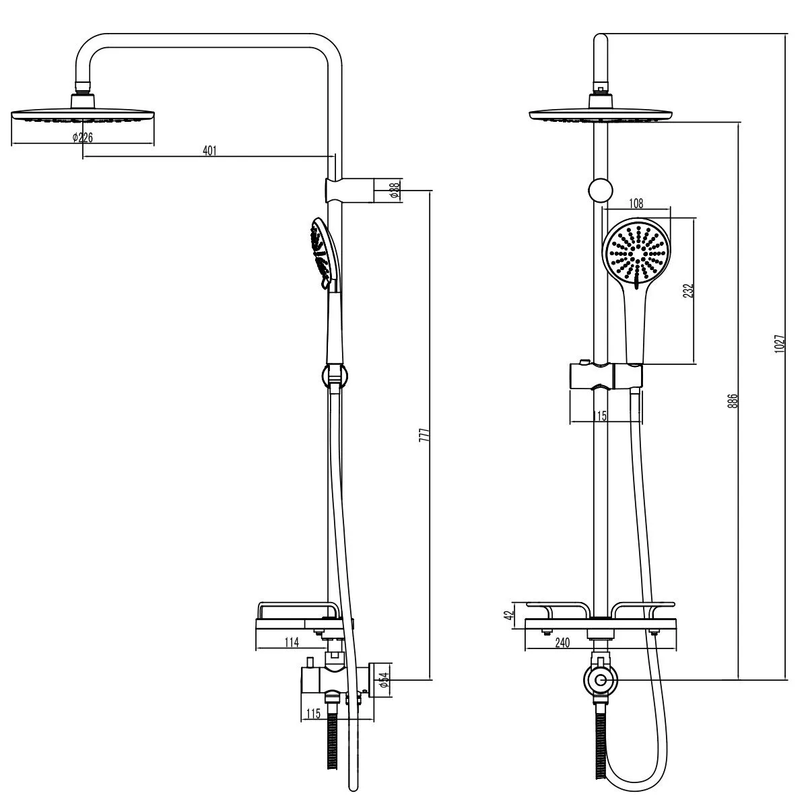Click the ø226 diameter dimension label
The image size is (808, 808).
pyautogui.click(x=82, y=137)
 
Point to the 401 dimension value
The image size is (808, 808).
pyautogui.click(x=209, y=151)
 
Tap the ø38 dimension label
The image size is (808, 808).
pyautogui.click(x=394, y=190)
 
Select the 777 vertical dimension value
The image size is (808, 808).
pyautogui.click(x=424, y=435)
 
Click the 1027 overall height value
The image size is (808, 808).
pyautogui.click(x=779, y=343)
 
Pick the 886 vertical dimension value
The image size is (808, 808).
pyautogui.click(x=733, y=401)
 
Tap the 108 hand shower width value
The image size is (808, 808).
pyautogui.click(x=636, y=203)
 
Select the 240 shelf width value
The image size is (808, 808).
pyautogui.click(x=562, y=643)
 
